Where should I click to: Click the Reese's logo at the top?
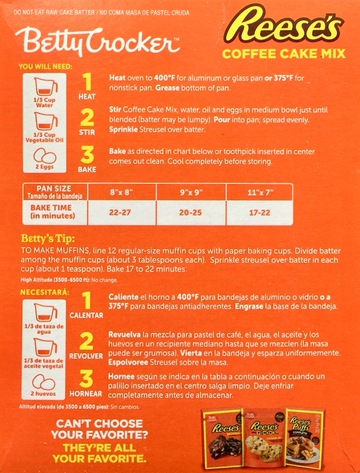283,25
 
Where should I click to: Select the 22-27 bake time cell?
120,213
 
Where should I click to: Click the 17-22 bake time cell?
259,213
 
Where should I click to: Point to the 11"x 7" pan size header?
259,192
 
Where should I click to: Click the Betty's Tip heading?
48,239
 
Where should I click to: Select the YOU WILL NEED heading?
46,67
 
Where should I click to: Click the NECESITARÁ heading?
45,293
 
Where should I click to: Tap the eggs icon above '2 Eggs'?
45,156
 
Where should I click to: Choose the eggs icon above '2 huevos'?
44,383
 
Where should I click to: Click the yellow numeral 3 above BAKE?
87,156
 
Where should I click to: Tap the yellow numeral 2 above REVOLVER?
86,342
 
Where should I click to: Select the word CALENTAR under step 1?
86,315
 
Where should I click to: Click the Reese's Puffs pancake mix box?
304,438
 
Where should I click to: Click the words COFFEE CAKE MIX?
284,54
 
